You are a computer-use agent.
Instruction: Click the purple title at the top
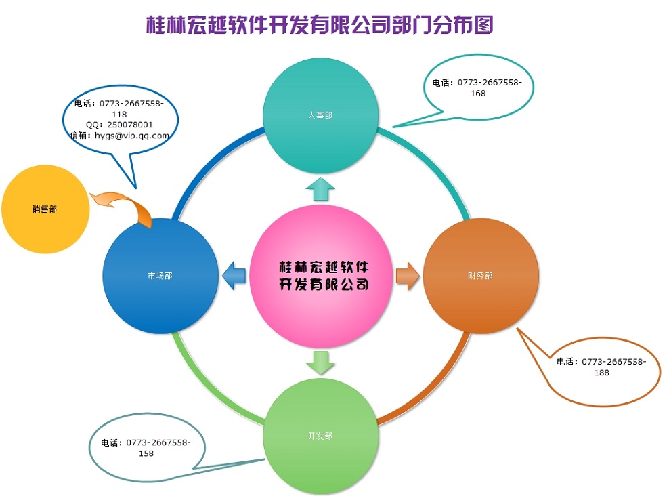(x=320, y=25)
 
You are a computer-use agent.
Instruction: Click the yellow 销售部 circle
(x=45, y=209)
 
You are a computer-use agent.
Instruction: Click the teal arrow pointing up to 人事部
(x=320, y=190)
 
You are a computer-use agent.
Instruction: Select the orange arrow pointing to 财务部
(x=406, y=276)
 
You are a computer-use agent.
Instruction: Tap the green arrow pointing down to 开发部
(x=320, y=363)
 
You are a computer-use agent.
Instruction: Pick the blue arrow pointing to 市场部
(x=234, y=276)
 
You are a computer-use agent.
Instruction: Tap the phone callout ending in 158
(x=146, y=448)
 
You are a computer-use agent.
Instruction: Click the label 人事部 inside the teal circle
(x=320, y=116)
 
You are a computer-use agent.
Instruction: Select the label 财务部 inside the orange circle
(x=480, y=276)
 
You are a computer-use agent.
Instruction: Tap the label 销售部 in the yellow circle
(x=45, y=209)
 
